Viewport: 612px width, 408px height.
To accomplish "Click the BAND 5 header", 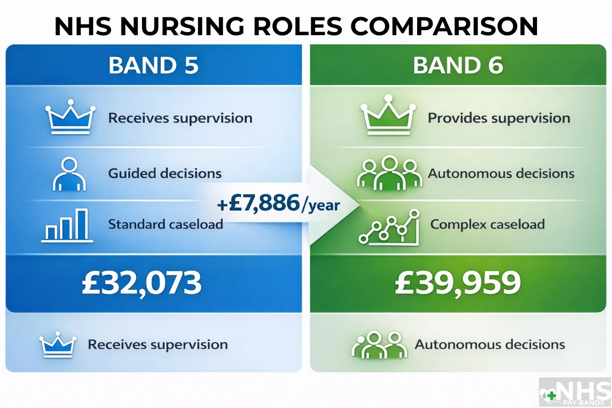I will [x=153, y=66].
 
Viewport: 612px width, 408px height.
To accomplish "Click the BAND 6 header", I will [x=458, y=66].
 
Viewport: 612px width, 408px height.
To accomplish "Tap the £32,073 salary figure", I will [x=142, y=284].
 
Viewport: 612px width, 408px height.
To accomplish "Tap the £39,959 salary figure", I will [x=458, y=284].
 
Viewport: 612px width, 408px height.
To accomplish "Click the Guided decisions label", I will [x=165, y=173].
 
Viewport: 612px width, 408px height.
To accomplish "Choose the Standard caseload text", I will [x=166, y=224].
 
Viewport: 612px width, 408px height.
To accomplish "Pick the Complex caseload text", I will [x=488, y=224].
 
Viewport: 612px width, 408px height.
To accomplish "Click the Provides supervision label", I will [x=499, y=118].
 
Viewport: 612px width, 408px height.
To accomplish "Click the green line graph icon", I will [x=389, y=227].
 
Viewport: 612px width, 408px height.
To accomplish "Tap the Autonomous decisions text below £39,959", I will [x=490, y=344].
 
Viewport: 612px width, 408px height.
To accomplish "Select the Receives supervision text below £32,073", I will [x=158, y=344].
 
